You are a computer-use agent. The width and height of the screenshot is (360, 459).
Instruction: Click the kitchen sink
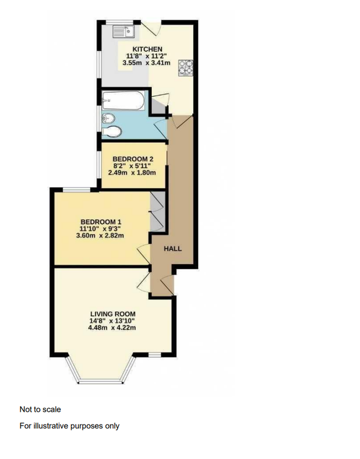125,30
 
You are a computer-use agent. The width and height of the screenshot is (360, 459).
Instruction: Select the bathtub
123,100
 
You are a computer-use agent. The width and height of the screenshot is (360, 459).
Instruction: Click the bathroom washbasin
109,118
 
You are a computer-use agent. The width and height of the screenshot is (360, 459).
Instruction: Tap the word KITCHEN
147,49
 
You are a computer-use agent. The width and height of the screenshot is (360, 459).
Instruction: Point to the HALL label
173,249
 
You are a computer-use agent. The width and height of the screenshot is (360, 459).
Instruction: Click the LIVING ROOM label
113,314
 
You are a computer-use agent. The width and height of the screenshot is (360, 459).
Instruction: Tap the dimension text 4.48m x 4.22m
113,328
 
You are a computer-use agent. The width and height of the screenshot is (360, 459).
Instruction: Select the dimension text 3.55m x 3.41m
147,62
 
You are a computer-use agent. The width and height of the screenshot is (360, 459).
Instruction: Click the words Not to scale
40,409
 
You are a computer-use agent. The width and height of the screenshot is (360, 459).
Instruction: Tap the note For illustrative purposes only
69,426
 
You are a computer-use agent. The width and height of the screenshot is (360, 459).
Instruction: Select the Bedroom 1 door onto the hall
144,255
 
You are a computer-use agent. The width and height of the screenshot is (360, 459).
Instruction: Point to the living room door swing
144,283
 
